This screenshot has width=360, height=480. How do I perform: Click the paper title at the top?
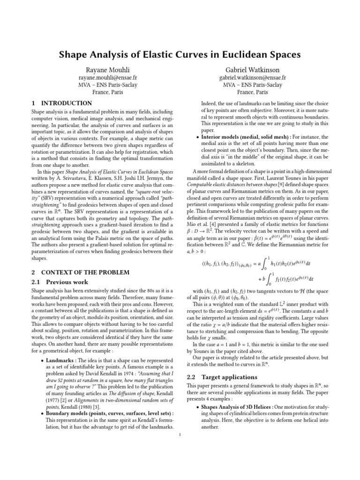pos(180,55)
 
